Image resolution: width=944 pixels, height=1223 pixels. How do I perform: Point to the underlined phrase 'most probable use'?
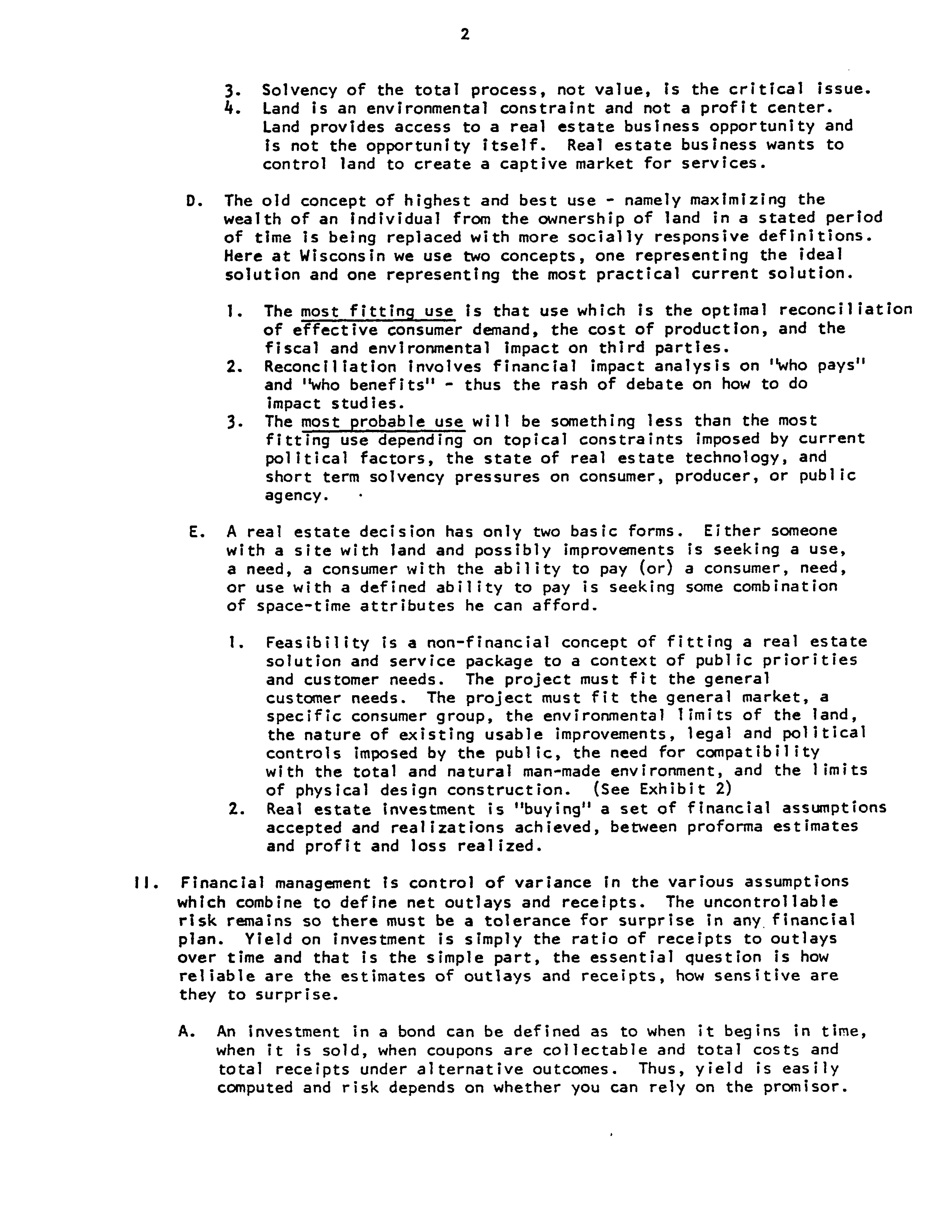click(382, 421)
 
